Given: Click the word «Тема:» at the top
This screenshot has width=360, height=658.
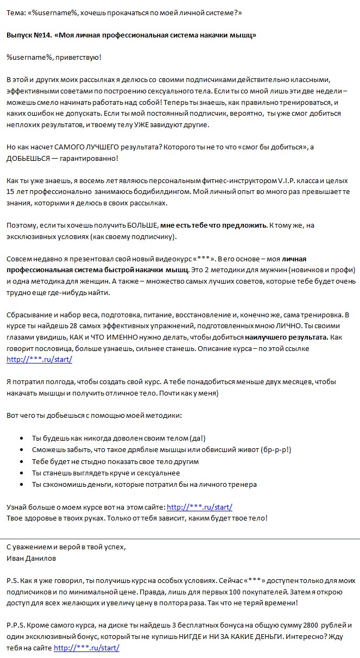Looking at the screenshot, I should pyautogui.click(x=16, y=12).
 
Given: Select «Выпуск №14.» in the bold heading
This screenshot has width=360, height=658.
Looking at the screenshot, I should pyautogui.click(x=29, y=35).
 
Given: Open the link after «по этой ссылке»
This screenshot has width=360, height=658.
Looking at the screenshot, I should pyautogui.click(x=39, y=359).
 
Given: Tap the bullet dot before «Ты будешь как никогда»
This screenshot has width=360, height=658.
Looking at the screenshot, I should pyautogui.click(x=21, y=438).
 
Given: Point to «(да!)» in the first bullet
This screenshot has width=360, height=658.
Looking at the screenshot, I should pyautogui.click(x=198, y=438).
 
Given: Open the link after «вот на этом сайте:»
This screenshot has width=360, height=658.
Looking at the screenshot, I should pyautogui.click(x=199, y=507).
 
